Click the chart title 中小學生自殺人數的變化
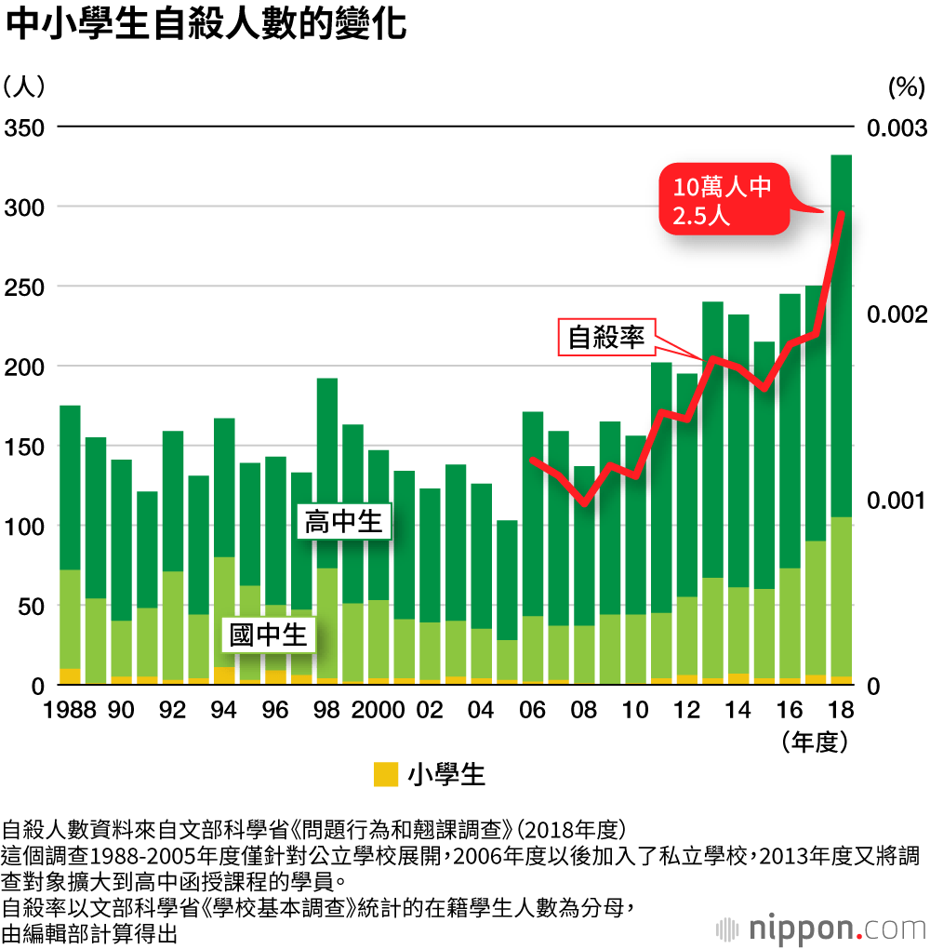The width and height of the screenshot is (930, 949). pos(206,25)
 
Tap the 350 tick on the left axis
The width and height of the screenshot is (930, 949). pos(24,127)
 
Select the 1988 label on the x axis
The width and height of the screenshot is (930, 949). pos(71,710)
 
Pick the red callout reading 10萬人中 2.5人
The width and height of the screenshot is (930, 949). pos(723,201)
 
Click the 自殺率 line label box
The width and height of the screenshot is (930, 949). pos(606,337)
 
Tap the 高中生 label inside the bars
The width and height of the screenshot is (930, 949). pos(343,522)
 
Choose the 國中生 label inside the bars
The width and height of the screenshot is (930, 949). pos(269,636)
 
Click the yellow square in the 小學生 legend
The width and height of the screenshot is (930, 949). pos(385,774)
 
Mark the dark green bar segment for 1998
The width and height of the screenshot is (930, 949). pos(326,473)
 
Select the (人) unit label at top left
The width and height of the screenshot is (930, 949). pos(23,87)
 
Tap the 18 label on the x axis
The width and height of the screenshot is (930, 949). pos(841,710)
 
